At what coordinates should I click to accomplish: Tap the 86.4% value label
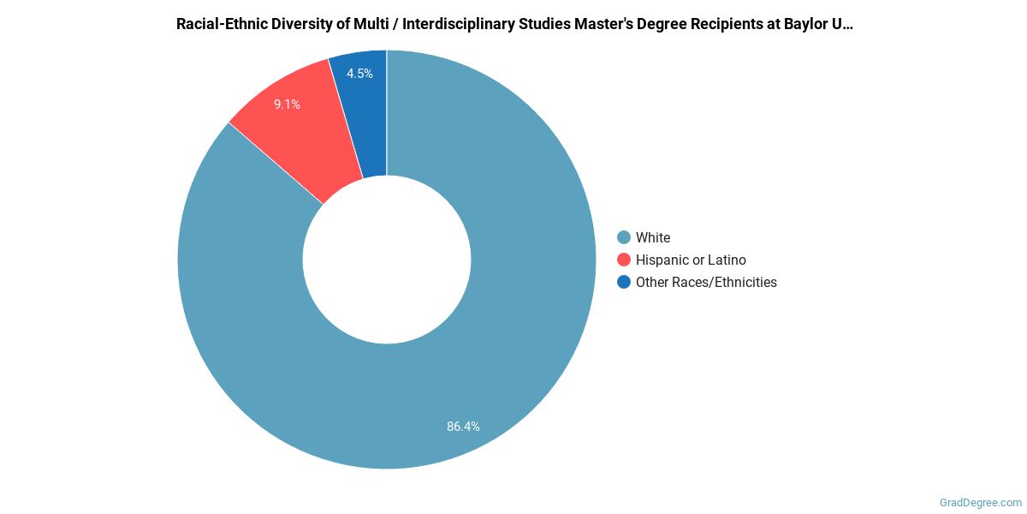tap(463, 426)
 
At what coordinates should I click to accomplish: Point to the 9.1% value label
tap(287, 105)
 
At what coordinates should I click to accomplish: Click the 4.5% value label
tap(359, 74)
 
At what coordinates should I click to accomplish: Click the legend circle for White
tap(624, 237)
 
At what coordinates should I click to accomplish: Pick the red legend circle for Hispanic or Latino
tap(624, 260)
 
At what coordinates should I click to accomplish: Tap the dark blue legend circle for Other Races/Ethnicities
tap(624, 282)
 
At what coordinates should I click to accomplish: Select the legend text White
tap(653, 237)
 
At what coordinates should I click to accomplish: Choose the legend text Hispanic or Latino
tap(691, 260)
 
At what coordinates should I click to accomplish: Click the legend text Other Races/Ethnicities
tap(706, 282)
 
